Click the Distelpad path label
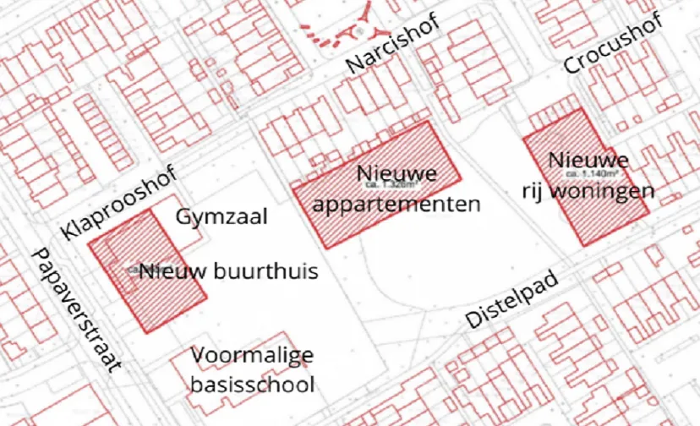point(514,298)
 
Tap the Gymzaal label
point(221,217)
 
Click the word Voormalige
point(253,355)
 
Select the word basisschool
point(253,385)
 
